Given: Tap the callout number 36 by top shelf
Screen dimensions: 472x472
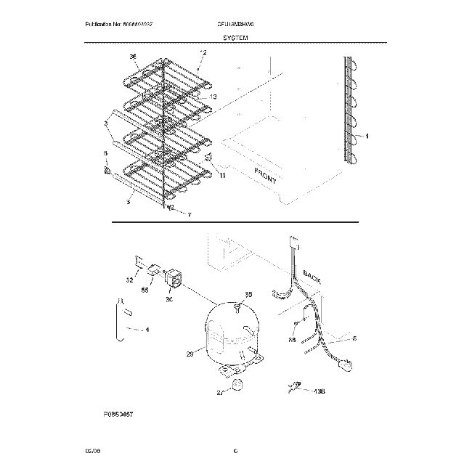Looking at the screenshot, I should (x=133, y=57).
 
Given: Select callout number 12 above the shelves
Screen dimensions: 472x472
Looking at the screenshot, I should (x=203, y=52).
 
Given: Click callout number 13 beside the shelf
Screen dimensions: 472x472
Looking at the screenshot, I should (x=213, y=97).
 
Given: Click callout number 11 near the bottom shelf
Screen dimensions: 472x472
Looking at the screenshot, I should (x=222, y=176).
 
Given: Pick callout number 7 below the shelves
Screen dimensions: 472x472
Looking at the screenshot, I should (x=188, y=215).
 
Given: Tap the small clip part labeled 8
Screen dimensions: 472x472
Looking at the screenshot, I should (x=107, y=171).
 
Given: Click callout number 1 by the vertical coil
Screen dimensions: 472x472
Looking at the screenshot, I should (x=367, y=135).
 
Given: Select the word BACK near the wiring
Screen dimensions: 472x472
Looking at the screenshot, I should (x=312, y=275).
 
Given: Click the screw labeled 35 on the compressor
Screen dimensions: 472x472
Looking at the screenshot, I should (x=238, y=307).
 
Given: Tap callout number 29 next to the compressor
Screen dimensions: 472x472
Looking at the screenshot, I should (x=190, y=354).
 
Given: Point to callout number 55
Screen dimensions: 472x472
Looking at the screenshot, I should (x=145, y=288).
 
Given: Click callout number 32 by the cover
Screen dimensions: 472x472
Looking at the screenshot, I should (x=129, y=279).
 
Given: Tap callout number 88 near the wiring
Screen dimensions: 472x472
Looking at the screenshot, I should (x=291, y=338).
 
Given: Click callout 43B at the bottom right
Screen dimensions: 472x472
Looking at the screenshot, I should (x=317, y=390).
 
